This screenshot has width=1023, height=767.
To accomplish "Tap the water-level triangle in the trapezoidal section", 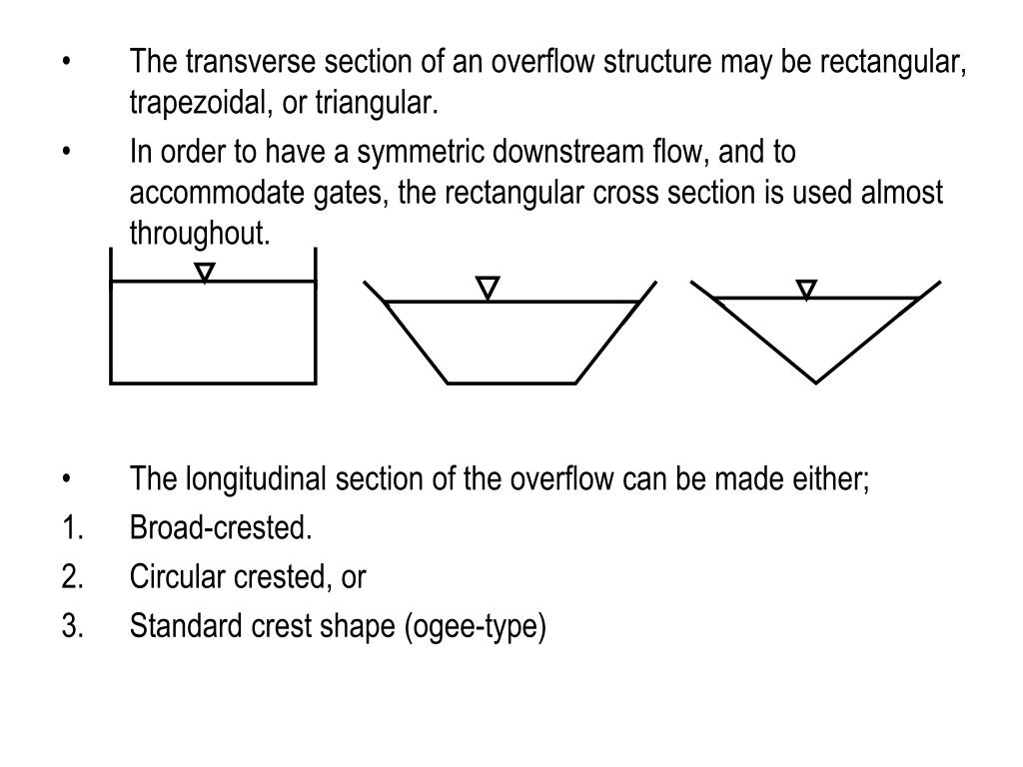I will coord(488,289).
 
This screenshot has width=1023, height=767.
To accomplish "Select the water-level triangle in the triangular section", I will coord(806,290).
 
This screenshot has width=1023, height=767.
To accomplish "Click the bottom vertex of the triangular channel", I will coord(816,382).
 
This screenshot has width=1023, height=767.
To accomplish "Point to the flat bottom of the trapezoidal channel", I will coord(511,383).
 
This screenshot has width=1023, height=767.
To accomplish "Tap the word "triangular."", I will coord(377,103).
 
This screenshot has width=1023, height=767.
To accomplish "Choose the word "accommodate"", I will coord(195,193).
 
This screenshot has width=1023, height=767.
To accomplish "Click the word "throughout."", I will coord(200,233).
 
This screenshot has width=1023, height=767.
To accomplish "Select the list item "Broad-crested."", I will coord(221,528).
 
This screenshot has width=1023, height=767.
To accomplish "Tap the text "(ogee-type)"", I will coord(476,627).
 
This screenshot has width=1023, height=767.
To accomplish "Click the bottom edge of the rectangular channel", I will coord(213,382).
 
